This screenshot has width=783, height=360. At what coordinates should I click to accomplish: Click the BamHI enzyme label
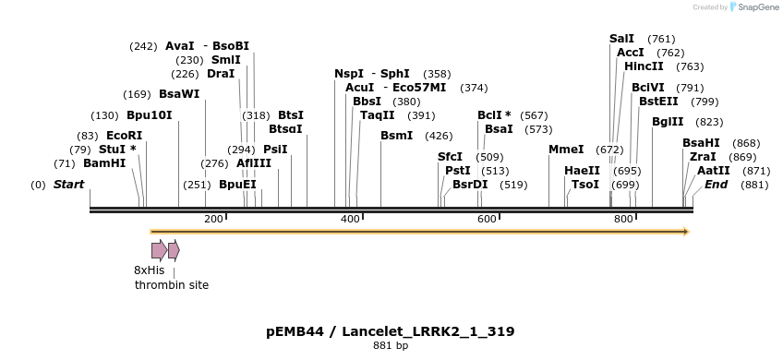104,163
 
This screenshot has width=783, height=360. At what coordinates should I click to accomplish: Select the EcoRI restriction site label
124,136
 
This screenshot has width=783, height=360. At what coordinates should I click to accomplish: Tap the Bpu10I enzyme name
149,115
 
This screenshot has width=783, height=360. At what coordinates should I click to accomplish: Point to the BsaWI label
178,93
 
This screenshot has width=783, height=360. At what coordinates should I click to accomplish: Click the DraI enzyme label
221,74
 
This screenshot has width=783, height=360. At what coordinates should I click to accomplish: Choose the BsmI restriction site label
396,136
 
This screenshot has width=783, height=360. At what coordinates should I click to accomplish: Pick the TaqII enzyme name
377,115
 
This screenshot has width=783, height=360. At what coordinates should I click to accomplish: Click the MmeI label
566,150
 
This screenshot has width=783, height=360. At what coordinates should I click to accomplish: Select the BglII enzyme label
668,122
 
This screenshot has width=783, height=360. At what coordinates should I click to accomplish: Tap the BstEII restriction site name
658,102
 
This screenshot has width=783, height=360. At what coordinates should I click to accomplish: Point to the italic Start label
68,185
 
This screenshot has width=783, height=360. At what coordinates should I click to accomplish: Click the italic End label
716,185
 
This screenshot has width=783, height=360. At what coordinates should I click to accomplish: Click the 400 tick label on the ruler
350,219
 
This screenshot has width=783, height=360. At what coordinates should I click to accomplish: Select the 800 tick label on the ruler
623,219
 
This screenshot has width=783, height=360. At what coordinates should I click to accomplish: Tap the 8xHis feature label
149,270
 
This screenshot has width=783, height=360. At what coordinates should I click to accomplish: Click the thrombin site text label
172,285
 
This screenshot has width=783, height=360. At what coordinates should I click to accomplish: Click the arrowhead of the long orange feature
686,232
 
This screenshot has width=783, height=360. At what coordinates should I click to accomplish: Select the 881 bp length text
390,346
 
